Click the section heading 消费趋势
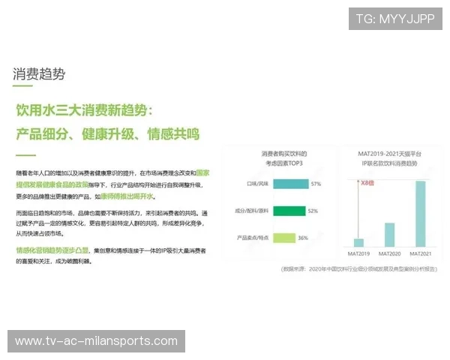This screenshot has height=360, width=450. (x=39, y=73)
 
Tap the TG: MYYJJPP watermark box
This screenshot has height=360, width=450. (x=394, y=18)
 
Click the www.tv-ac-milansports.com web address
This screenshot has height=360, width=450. (x=96, y=341)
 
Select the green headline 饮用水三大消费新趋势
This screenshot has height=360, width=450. (x=85, y=110)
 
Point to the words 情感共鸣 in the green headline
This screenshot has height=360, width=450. (x=173, y=134)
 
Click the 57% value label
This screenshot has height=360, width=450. (x=315, y=184)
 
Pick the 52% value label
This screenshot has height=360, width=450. (x=313, y=211)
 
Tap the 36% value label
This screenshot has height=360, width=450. (x=303, y=238)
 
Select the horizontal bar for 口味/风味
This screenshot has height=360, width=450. (x=290, y=184)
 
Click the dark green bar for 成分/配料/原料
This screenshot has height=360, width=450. (x=289, y=211)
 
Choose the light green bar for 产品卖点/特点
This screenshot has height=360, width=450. (x=283, y=238)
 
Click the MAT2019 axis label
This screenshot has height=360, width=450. (x=358, y=253)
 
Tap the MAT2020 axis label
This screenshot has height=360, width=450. (x=389, y=253)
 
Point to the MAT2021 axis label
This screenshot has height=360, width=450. (x=420, y=253)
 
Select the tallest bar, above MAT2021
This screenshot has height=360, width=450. (x=420, y=213)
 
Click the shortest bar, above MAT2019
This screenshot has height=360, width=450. (x=358, y=242)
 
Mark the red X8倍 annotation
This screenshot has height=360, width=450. (x=367, y=182)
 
